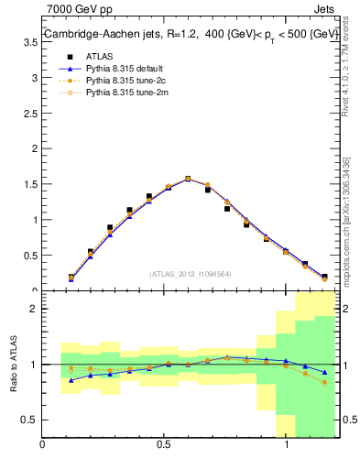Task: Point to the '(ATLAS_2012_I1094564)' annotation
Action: coord(191,273)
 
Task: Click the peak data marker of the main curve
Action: coord(188,179)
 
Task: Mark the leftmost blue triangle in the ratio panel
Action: coord(71,379)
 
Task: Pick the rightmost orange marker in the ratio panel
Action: coord(324,383)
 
